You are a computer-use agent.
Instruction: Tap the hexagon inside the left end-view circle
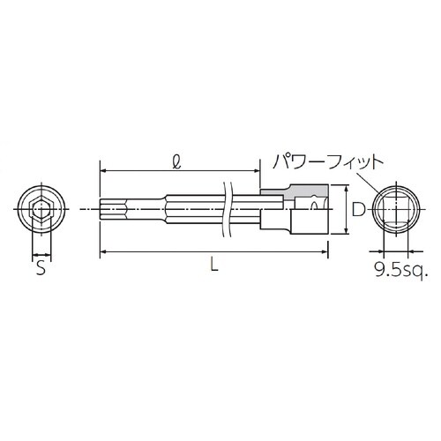click(x=39, y=210)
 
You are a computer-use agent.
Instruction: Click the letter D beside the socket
click(x=356, y=210)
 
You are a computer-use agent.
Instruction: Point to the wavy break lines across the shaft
click(x=226, y=210)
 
